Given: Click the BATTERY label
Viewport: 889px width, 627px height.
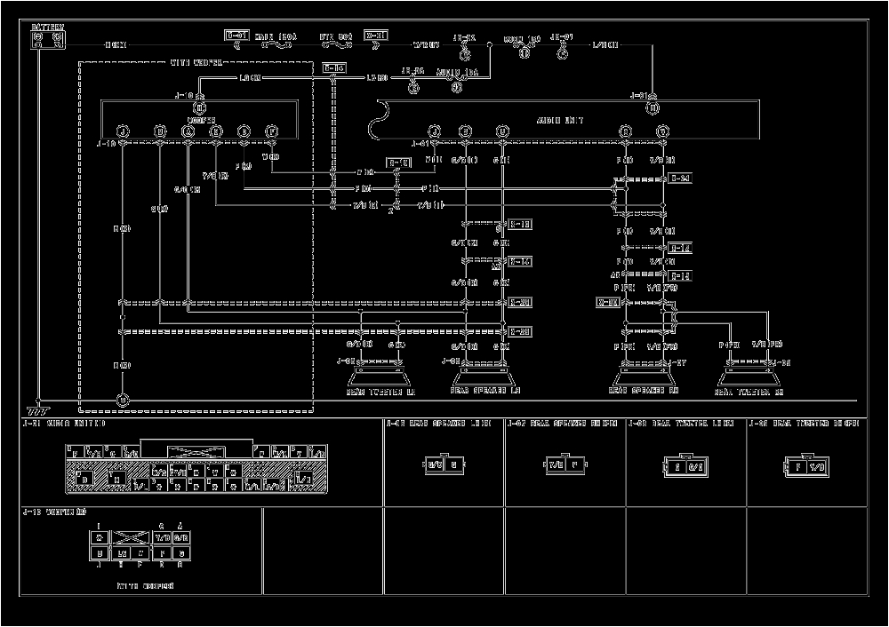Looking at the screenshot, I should [x=47, y=28].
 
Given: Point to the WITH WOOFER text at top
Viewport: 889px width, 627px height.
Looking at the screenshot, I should [x=196, y=63].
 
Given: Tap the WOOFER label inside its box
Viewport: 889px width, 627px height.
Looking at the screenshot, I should [x=200, y=119].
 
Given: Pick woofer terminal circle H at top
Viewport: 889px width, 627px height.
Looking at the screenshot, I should [x=200, y=107].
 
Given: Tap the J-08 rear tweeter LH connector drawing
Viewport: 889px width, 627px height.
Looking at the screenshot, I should [x=685, y=466].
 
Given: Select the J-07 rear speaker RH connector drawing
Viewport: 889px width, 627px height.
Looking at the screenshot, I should [x=565, y=464].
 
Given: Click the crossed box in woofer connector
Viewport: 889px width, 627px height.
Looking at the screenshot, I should [x=131, y=537].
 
